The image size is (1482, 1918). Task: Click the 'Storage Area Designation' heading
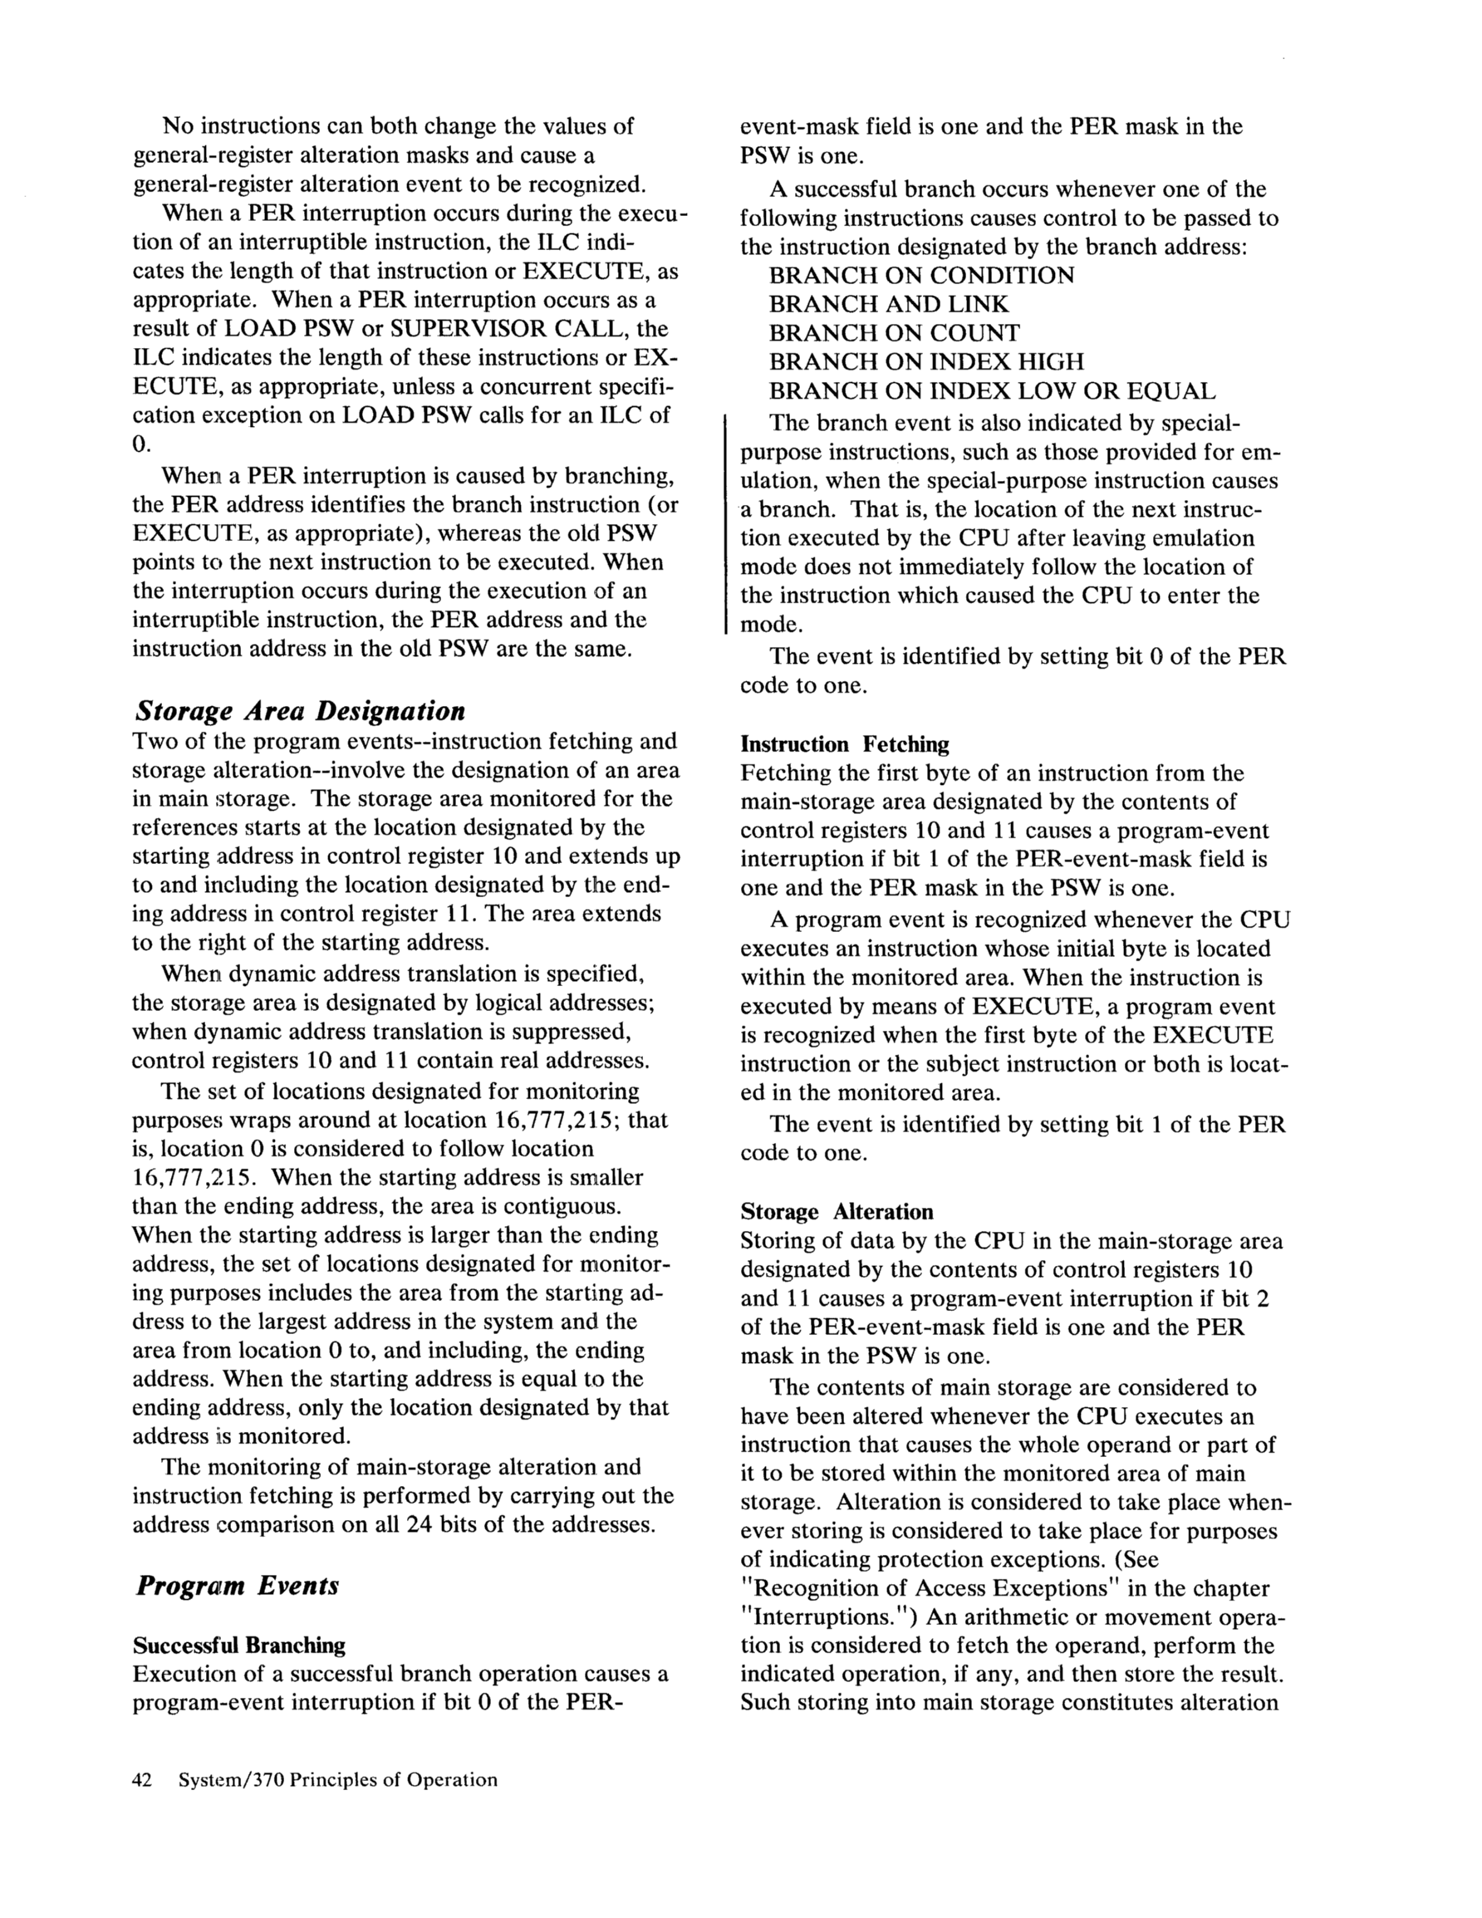point(300,710)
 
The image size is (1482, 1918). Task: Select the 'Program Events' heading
point(238,1585)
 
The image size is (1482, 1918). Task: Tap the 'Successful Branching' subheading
point(239,1645)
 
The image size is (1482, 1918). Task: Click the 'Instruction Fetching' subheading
point(844,745)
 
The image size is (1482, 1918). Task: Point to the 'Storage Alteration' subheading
point(837,1212)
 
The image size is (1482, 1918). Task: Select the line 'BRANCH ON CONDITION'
point(921,276)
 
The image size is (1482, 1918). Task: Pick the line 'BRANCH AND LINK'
point(889,305)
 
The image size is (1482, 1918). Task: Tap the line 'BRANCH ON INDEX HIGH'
point(927,362)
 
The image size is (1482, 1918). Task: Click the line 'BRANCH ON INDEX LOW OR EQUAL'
point(993,390)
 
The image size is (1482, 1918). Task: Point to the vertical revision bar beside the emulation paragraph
point(725,523)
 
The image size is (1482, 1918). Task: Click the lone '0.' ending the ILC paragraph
point(141,444)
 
